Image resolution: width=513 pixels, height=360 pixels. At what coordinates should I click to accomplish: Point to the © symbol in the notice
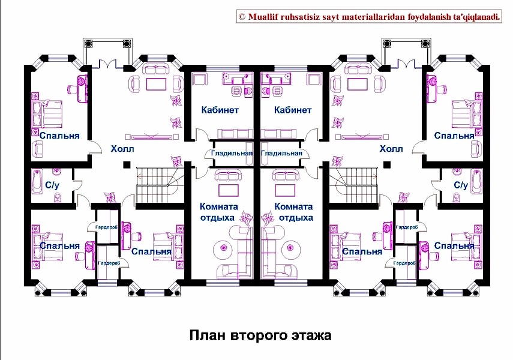[242, 17]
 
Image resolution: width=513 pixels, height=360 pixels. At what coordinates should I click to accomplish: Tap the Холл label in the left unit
[122, 149]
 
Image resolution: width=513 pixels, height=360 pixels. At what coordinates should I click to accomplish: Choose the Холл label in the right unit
[391, 149]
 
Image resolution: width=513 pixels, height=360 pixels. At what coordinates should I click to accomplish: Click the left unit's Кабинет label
[220, 110]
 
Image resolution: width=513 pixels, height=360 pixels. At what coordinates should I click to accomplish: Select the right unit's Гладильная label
[281, 153]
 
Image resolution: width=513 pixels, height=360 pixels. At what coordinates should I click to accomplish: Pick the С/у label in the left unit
[52, 185]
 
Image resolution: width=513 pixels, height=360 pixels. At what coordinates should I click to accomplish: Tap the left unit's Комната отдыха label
[218, 212]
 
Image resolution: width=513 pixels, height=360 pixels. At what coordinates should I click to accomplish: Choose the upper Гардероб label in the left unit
[106, 227]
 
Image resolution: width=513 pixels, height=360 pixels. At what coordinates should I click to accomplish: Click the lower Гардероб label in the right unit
[404, 263]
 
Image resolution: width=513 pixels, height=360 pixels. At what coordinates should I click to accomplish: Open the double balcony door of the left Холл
[107, 64]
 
